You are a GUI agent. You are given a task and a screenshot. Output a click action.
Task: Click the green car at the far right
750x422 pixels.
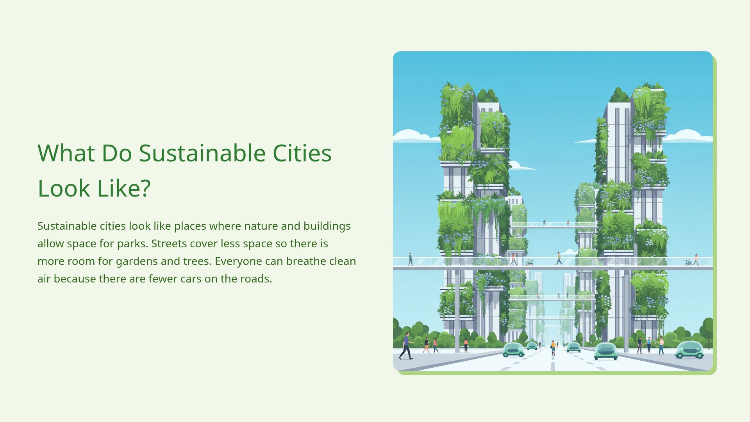(x=689, y=350)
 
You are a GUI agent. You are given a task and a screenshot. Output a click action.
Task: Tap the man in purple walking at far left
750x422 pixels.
(x=406, y=346)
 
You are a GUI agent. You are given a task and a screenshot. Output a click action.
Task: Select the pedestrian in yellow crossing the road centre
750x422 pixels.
(x=553, y=347)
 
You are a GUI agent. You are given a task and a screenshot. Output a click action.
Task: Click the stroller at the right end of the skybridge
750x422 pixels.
(x=689, y=262)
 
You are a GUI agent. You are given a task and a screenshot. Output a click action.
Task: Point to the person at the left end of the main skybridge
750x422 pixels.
(x=410, y=259)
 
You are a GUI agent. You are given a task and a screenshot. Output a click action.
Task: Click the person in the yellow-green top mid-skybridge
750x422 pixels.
(x=559, y=259)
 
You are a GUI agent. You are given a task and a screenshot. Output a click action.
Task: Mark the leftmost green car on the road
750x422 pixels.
(x=513, y=350)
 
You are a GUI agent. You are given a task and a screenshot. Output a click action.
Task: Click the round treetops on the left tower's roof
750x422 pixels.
(x=487, y=95)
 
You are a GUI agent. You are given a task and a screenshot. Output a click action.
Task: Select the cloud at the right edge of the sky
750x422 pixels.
(x=689, y=136)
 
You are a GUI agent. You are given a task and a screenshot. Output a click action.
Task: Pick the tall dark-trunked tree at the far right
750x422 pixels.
(x=708, y=330)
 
